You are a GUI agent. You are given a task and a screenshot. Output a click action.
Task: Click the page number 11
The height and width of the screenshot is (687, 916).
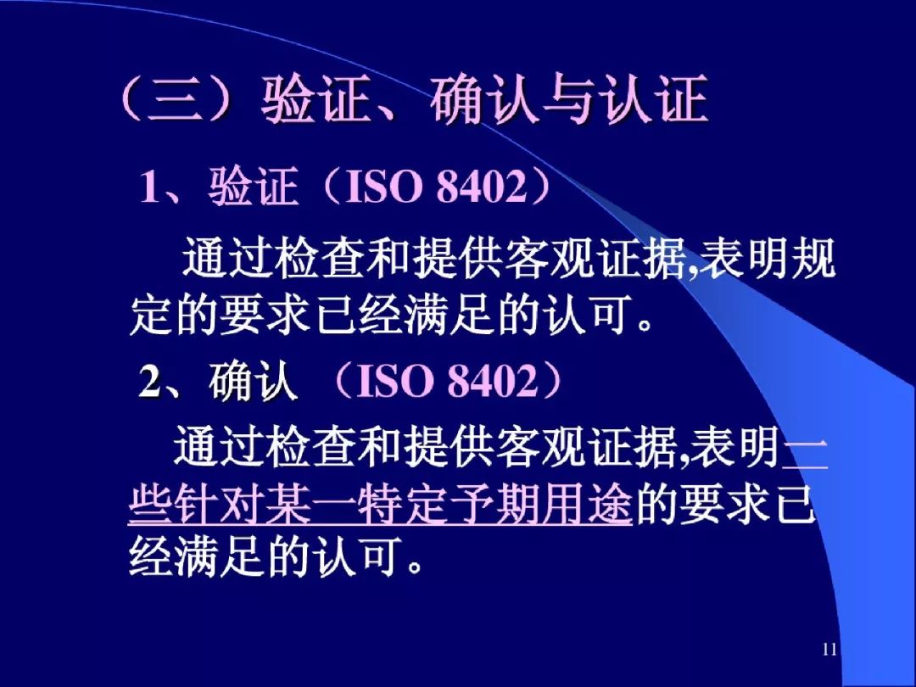829,650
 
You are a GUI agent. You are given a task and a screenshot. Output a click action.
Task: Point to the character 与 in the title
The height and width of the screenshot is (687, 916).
571,100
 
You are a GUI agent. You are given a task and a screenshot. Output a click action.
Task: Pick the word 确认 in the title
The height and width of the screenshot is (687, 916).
486,100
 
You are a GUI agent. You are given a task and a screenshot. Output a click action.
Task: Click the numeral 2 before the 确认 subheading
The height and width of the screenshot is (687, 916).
149,381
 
